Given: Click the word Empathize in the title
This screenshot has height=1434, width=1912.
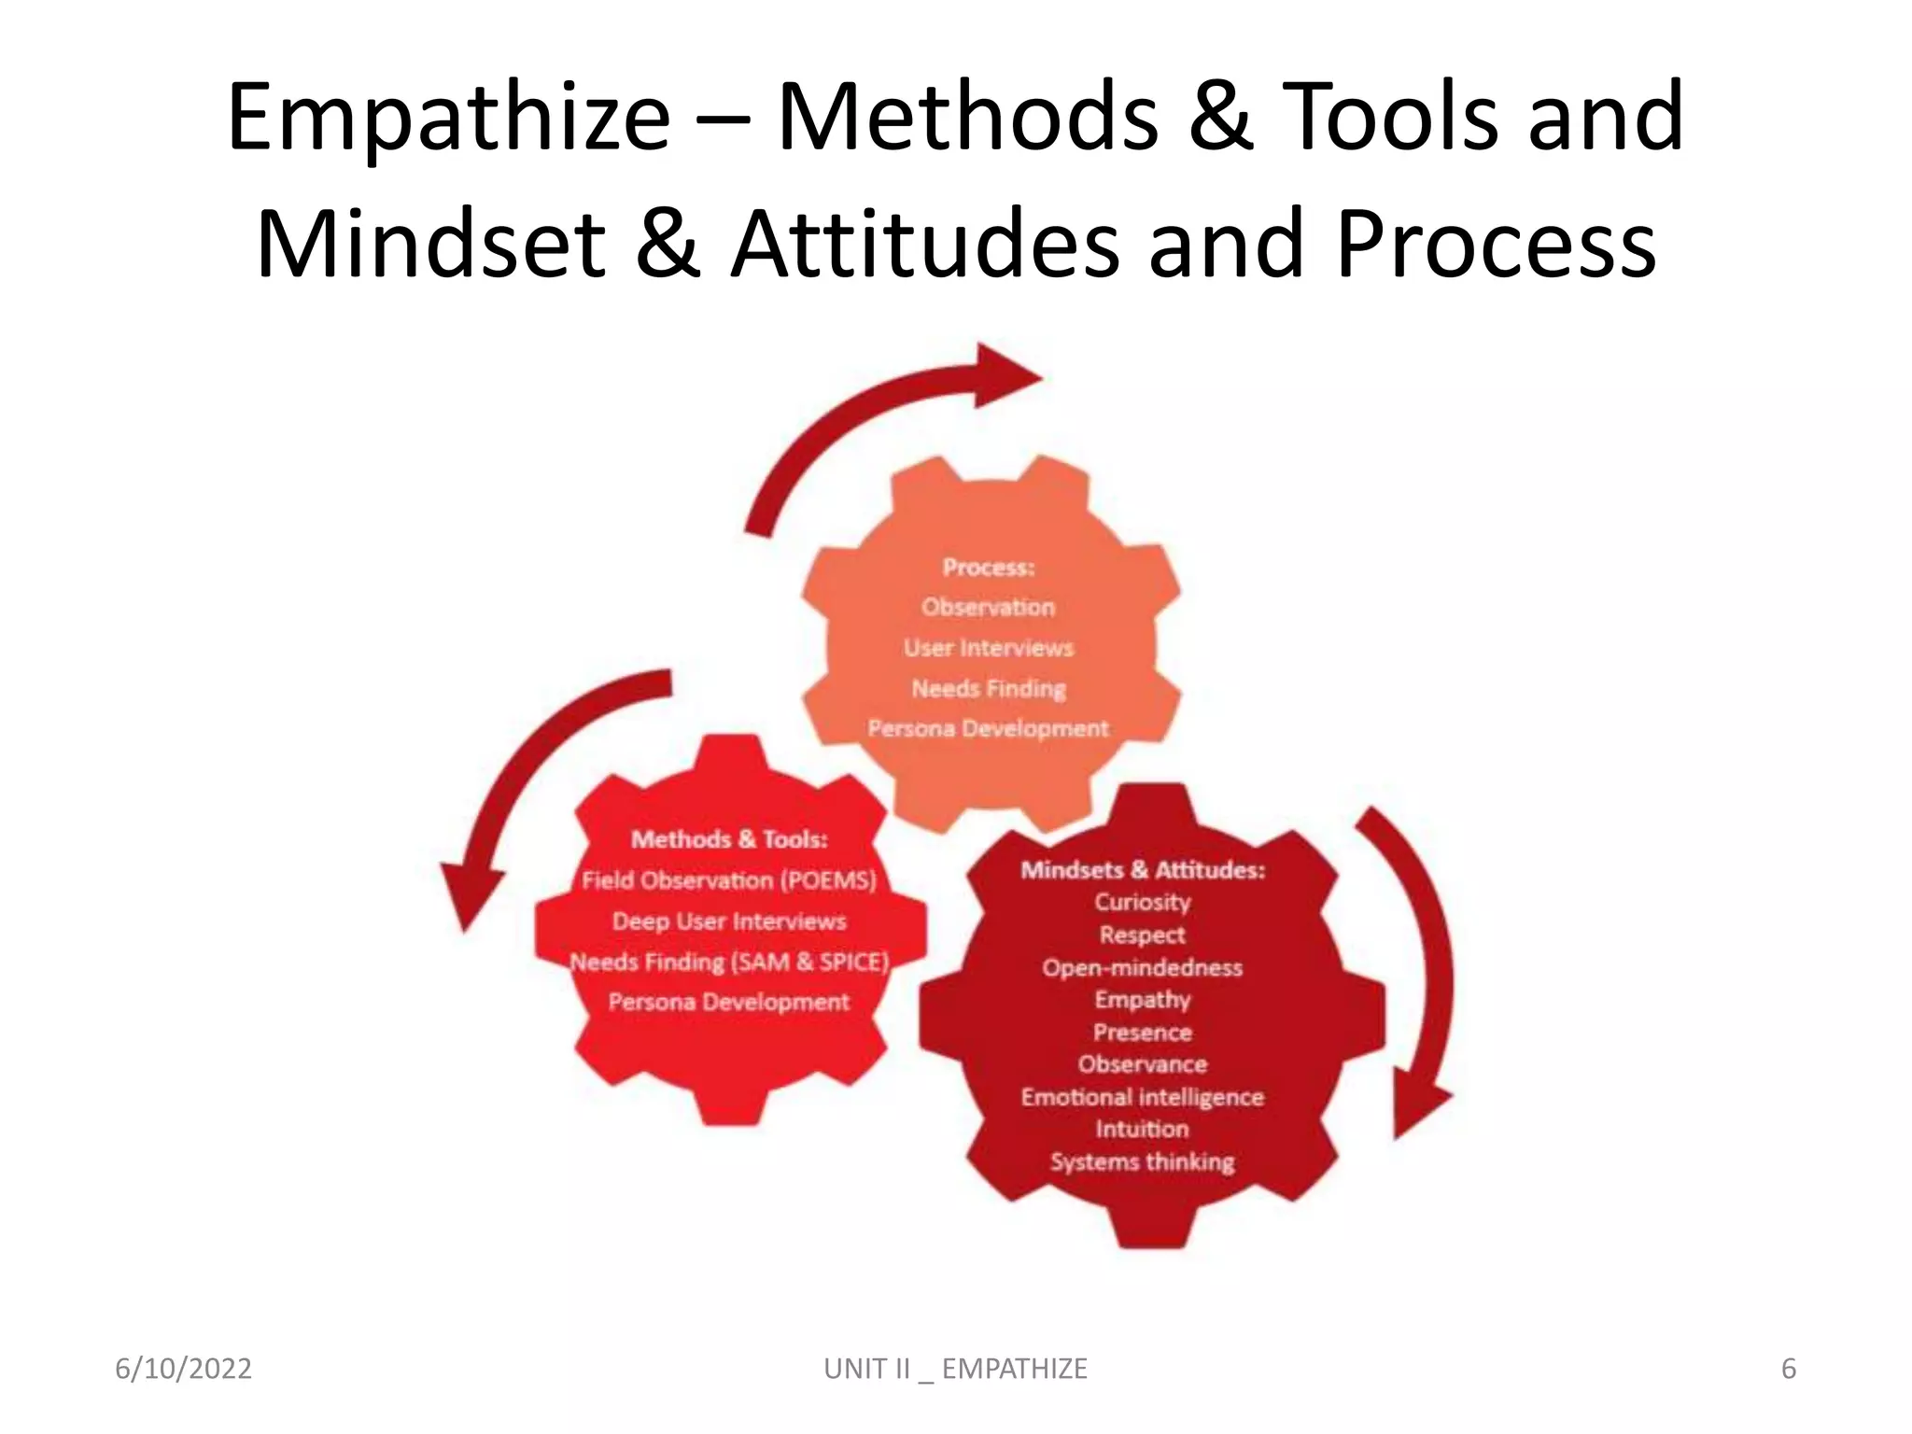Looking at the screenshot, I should coord(448,118).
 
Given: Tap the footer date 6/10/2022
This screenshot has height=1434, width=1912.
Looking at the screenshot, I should coord(183,1369).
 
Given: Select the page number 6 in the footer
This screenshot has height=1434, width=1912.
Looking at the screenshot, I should coord(1789,1369).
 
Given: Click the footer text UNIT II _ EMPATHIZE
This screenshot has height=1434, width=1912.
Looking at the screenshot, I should coord(955,1369).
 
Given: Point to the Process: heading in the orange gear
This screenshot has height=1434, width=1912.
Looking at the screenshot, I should coord(989,567).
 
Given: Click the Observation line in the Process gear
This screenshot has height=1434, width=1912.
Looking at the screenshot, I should coord(989,607).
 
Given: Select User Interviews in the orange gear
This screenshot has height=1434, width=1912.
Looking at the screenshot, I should coord(989,648).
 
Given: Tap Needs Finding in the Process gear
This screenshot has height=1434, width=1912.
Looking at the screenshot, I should coord(989,688).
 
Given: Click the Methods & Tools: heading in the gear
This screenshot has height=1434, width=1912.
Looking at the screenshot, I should coord(729,839).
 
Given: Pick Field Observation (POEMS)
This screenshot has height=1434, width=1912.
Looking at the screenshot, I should coord(729,880).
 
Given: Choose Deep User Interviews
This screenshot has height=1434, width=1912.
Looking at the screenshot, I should coord(729,921).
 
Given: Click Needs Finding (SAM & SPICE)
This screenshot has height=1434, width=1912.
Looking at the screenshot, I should coord(729,962).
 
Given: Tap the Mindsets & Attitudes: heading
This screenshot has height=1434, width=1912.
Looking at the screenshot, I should coord(1143,870).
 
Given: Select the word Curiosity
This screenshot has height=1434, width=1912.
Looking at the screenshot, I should coord(1143,903).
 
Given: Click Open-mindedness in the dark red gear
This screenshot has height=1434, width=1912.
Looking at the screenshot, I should coord(1143,967).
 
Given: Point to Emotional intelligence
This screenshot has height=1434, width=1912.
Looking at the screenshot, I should coord(1143,1097).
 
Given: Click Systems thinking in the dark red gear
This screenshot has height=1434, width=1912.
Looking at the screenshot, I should coord(1143,1161).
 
